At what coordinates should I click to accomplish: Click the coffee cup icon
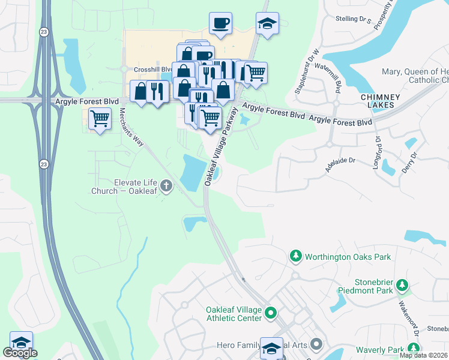(x=220, y=23)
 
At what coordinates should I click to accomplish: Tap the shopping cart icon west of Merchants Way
(x=99, y=118)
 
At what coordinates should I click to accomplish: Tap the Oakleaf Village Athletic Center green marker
(x=271, y=312)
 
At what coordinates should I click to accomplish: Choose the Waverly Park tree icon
(x=413, y=349)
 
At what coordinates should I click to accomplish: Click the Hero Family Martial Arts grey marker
(x=317, y=345)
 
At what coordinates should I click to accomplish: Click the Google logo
(x=19, y=353)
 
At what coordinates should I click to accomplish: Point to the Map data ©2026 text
(x=423, y=355)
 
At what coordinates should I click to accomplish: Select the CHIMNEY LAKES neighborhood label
(x=378, y=101)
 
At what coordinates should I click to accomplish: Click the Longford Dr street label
(x=378, y=152)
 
